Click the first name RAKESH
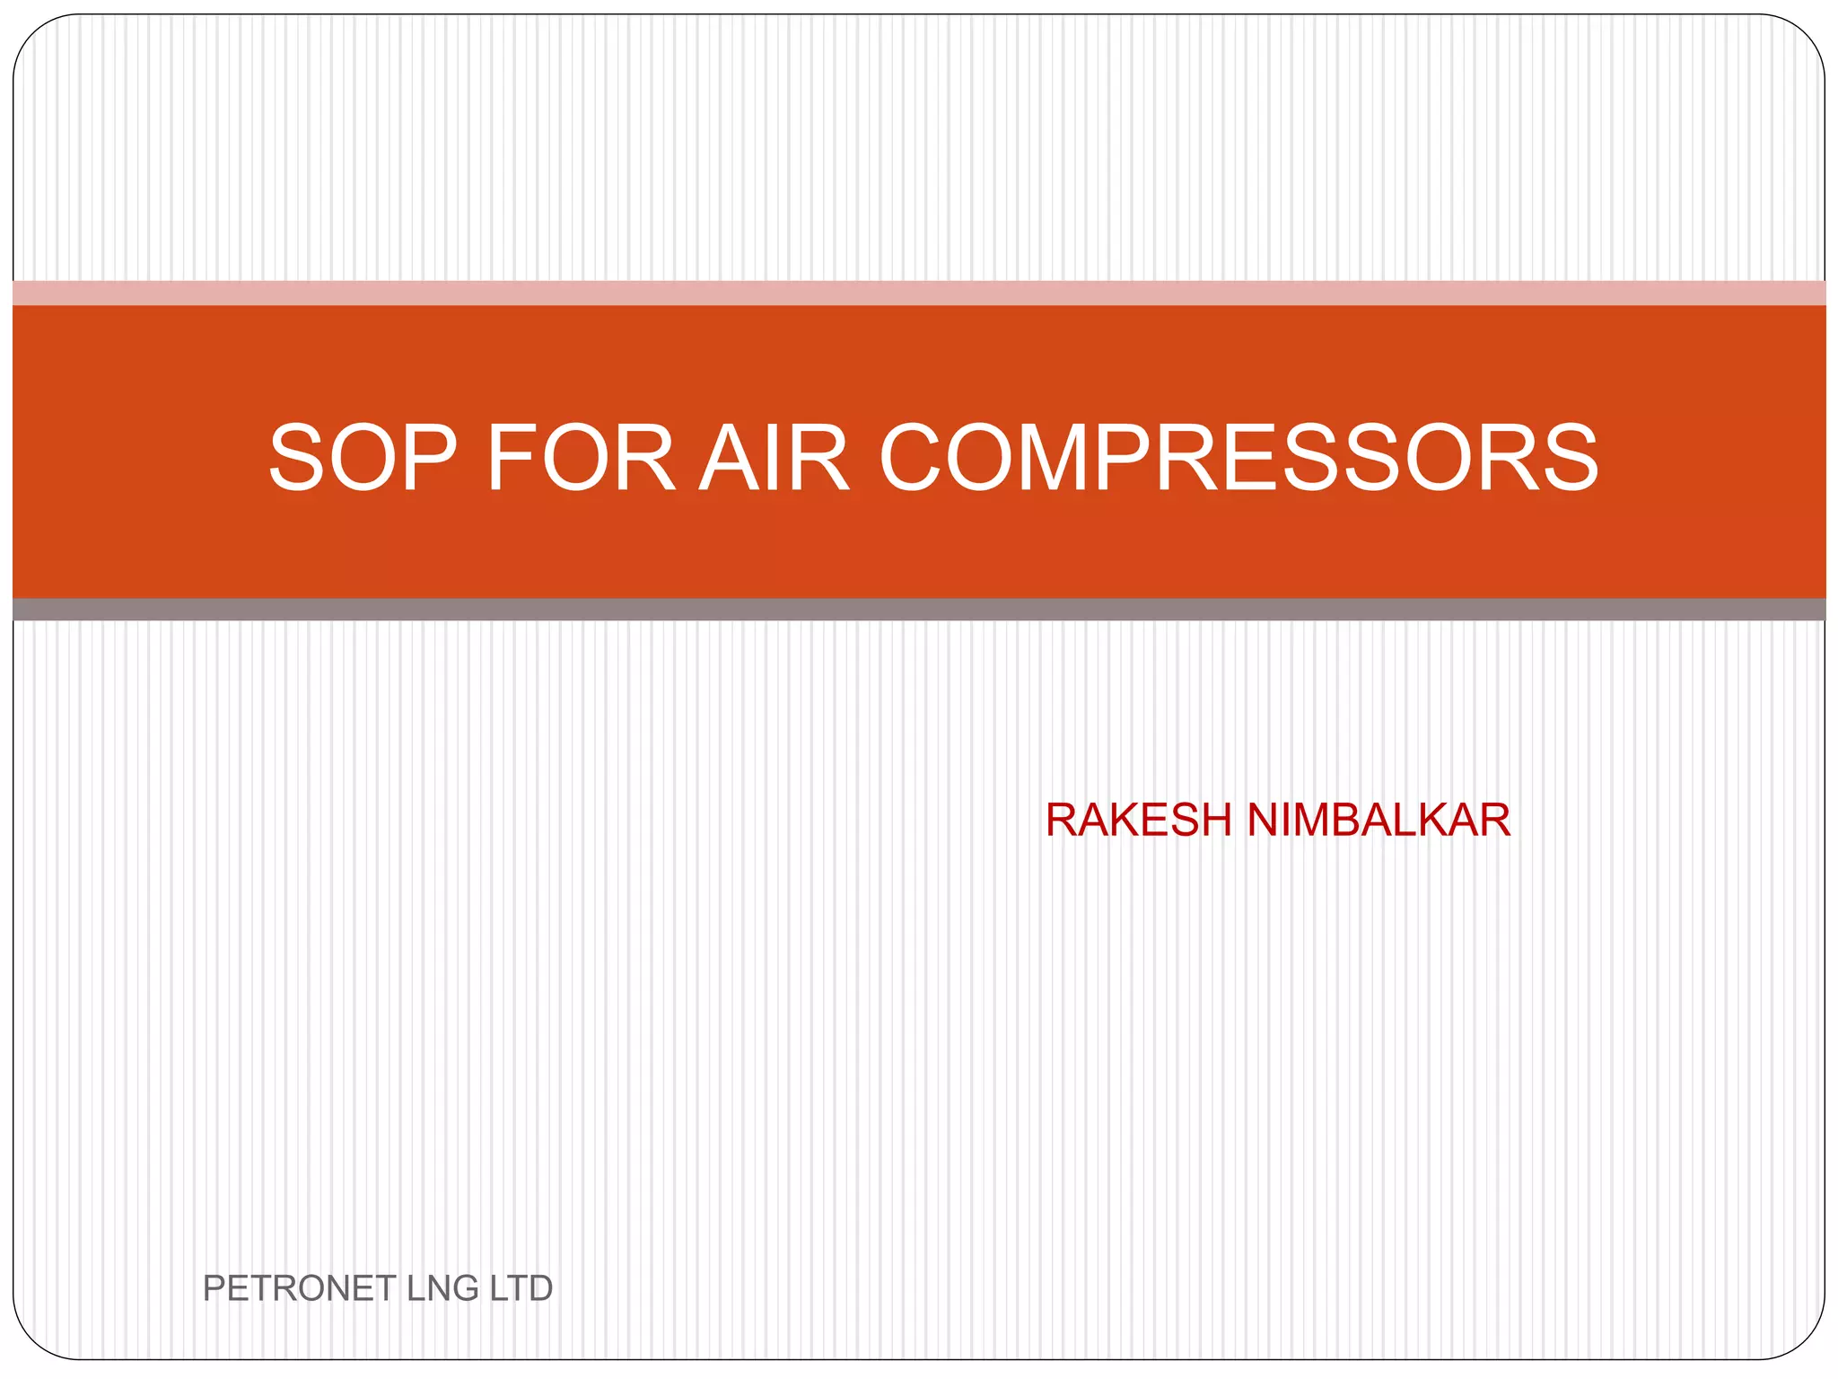1139,820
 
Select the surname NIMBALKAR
1378,820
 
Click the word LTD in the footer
521,1288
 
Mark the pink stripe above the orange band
919,293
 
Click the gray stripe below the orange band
919,610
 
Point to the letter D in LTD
539,1288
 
